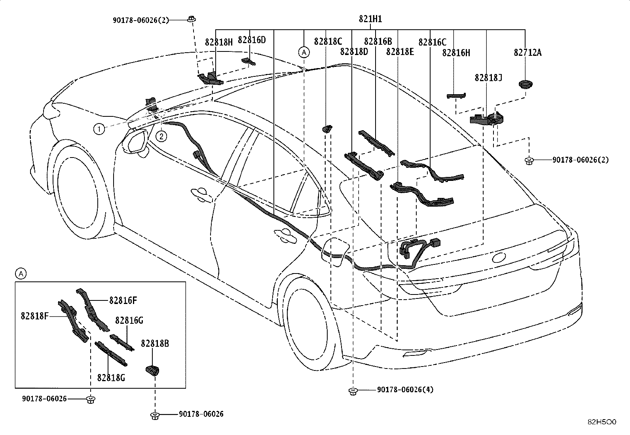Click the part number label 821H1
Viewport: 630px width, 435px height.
370,19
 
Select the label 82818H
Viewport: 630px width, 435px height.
219,42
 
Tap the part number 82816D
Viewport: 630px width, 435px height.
252,40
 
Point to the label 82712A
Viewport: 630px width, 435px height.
528,53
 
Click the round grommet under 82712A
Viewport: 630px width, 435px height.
526,84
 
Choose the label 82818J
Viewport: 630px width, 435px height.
489,78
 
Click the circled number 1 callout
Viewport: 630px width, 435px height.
99,129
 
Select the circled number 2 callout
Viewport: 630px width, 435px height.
161,137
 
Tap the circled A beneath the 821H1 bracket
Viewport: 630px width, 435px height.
304,52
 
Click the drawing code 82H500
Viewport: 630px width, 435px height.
602,422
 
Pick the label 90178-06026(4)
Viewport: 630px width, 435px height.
405,389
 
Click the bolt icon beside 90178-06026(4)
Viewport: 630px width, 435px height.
353,391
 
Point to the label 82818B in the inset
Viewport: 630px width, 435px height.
155,344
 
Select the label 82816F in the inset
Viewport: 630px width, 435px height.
123,300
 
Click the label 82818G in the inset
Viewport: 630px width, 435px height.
111,378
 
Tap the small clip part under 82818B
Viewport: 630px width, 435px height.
152,370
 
